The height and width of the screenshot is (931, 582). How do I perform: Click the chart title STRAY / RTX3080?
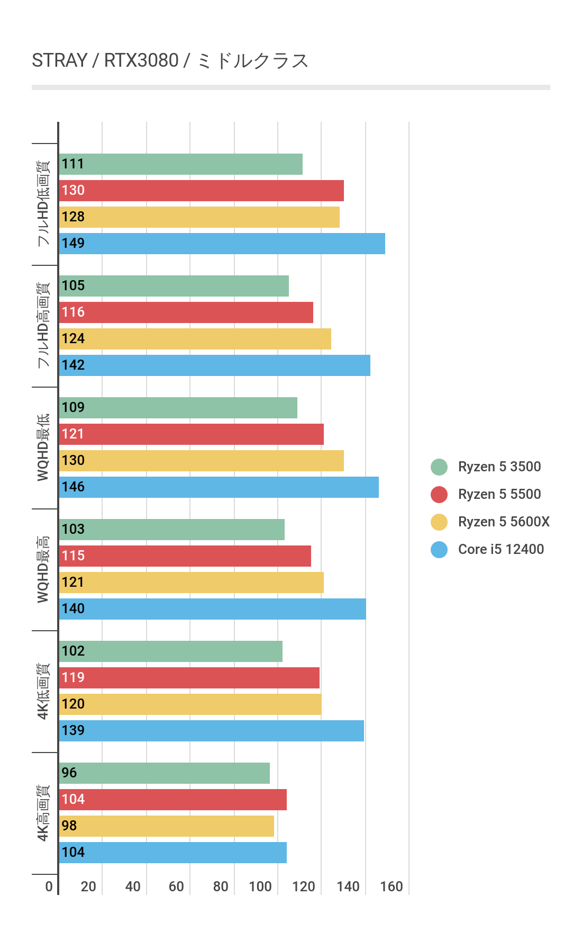[170, 61]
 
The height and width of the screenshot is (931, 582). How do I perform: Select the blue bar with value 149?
[222, 244]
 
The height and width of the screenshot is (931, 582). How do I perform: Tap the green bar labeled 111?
[180, 164]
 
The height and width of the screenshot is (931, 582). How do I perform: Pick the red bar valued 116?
[186, 312]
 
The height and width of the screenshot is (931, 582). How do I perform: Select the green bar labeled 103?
[171, 530]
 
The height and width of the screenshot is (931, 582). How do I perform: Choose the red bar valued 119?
[189, 678]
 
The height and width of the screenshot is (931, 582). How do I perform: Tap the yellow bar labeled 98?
[166, 826]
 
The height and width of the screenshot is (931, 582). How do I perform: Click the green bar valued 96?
[164, 773]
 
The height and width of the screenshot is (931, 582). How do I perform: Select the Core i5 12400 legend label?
[501, 550]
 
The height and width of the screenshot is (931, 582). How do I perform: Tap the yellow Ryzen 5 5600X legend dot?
[439, 522]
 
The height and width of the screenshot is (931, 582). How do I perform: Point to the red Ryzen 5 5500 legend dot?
[439, 495]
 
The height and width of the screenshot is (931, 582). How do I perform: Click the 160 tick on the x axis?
[392, 887]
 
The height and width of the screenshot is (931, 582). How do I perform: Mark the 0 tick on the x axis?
[49, 887]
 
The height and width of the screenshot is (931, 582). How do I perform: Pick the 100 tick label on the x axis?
[260, 887]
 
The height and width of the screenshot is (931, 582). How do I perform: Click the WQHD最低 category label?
[43, 447]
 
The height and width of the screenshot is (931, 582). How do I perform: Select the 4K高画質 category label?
[43, 813]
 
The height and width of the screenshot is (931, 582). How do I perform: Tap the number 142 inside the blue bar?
[73, 365]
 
